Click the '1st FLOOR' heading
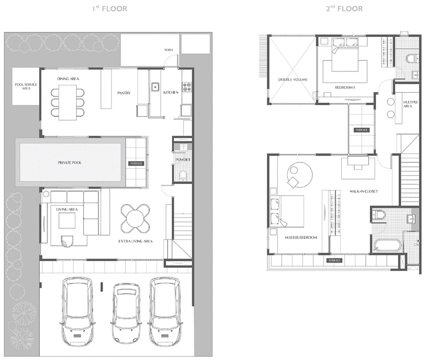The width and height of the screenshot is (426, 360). (110, 9)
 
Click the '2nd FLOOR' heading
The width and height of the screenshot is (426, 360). (344, 9)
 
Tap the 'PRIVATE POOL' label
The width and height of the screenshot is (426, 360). (69, 163)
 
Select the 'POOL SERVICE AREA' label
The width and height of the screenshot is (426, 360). (26, 86)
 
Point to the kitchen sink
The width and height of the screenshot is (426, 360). (155, 87)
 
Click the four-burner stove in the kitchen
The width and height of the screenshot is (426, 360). (187, 87)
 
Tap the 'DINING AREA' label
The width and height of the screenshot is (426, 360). (68, 79)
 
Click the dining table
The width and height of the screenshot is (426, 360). (68, 102)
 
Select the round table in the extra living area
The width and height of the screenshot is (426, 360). (135, 218)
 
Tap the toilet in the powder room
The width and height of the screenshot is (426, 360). (183, 175)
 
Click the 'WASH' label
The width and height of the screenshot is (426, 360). (168, 50)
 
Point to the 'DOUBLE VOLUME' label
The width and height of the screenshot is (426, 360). (293, 79)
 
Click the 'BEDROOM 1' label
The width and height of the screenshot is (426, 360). (345, 87)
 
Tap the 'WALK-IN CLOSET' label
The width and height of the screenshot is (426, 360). (364, 191)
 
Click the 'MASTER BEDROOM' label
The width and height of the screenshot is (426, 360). (301, 238)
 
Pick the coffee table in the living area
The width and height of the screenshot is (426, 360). (67, 220)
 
